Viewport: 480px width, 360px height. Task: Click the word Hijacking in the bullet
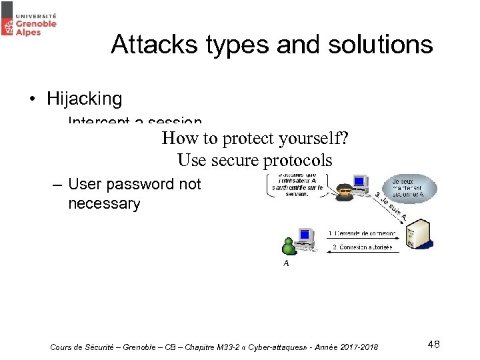point(84,99)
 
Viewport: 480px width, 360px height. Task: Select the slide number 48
point(433,344)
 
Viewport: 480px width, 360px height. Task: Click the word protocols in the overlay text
point(297,160)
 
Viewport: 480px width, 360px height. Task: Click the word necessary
point(104,204)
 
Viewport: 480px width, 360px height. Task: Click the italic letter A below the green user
point(286,263)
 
